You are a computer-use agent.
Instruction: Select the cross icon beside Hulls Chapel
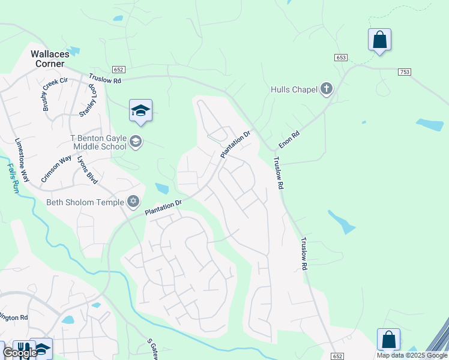[326, 89]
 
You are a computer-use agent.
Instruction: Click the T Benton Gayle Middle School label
[100, 142]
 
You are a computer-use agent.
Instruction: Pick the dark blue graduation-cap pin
[140, 111]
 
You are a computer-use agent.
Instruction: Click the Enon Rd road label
[289, 138]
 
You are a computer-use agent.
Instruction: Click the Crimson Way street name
[52, 170]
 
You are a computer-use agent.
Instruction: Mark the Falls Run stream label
[11, 177]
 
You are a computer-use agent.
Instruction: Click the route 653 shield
[341, 57]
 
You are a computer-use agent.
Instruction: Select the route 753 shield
[404, 71]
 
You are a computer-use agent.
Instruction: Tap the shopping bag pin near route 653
[379, 40]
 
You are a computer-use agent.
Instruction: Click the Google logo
[20, 353]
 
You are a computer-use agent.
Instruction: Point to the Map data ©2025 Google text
[412, 355]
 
